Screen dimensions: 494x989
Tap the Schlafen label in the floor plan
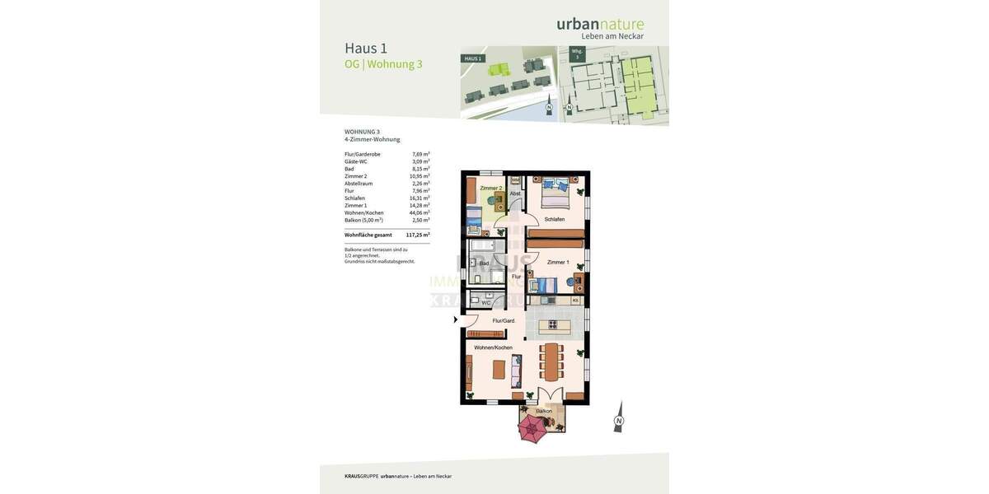click(555, 219)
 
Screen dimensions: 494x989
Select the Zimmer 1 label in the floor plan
click(558, 262)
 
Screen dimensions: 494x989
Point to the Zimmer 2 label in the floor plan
click(490, 189)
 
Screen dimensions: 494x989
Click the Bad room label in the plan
click(484, 263)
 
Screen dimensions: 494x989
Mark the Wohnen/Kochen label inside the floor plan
click(493, 347)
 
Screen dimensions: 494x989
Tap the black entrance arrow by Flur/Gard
click(456, 319)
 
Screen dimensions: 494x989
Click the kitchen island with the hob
click(554, 327)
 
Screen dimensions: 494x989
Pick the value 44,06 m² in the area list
click(420, 212)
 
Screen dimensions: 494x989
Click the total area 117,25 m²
click(417, 235)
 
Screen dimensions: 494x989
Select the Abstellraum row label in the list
click(359, 184)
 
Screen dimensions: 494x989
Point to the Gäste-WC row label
click(356, 161)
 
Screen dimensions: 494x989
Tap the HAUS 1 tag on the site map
click(472, 58)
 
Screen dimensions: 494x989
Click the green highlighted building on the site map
click(499, 69)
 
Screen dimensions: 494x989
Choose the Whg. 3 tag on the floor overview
click(577, 54)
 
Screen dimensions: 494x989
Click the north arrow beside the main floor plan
click(618, 417)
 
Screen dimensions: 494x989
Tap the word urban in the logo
click(578, 24)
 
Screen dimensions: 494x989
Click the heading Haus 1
click(366, 48)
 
